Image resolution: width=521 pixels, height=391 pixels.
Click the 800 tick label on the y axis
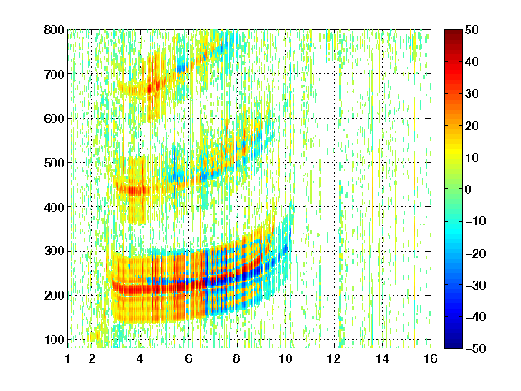(54, 30)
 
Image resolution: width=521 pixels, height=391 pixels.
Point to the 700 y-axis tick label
(54, 74)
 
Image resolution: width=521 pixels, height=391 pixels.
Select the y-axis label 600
(54, 119)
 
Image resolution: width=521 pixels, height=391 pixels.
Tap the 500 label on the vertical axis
(54, 163)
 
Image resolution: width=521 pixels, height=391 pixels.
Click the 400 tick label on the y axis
(54, 207)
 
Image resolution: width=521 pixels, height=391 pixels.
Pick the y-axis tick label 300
(54, 252)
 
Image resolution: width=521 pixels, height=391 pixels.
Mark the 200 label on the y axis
(54, 296)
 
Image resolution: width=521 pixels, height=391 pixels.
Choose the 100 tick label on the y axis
(54, 339)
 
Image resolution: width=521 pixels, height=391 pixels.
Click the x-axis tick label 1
(68, 358)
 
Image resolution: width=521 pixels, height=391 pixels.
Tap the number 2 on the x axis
(92, 358)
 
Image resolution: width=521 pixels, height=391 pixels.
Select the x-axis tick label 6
(189, 358)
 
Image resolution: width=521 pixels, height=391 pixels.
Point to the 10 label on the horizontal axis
(285, 358)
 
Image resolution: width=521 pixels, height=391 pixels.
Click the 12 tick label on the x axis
(334, 358)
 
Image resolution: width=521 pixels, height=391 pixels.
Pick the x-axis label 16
(431, 358)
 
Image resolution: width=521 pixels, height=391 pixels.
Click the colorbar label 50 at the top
(472, 30)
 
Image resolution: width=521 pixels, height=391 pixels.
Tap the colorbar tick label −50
(476, 348)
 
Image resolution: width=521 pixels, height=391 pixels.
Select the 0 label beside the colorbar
(469, 189)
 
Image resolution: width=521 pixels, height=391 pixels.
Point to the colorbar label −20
(476, 253)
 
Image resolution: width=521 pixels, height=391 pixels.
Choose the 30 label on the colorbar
(472, 94)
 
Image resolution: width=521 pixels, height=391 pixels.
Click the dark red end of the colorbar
(453, 33)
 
